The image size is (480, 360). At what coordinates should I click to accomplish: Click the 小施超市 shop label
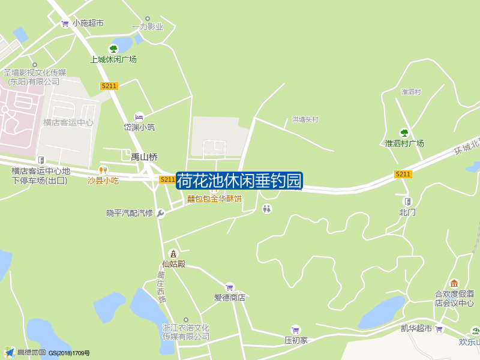pos(88,23)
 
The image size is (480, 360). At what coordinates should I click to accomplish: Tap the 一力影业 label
pos(147,26)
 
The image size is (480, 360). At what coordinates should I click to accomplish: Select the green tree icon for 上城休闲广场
pos(113,49)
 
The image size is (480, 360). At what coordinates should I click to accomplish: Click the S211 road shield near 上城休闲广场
pos(109,86)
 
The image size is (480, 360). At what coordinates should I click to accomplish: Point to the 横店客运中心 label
pos(68,122)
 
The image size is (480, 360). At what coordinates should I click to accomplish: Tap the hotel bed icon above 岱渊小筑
pos(139,116)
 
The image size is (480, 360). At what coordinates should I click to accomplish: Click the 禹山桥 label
pos(144,157)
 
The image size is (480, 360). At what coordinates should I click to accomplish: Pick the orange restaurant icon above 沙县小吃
pos(103,170)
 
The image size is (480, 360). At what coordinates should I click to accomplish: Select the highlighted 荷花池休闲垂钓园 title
pos(239,181)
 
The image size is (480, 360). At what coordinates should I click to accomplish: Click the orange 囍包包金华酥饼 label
pos(214,199)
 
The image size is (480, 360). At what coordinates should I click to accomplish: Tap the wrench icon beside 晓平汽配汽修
pos(160,213)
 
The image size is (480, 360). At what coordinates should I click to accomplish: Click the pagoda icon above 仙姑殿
pos(173,254)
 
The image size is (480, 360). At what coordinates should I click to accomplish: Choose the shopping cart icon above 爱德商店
pos(229,287)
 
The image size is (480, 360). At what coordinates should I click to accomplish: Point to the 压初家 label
pos(296,340)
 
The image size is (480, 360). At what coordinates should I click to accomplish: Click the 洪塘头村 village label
pos(305,120)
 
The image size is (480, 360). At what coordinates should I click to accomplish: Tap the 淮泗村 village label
pos(411,92)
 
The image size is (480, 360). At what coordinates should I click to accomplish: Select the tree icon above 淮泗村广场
pos(404,133)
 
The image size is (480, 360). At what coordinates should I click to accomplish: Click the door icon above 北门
pos(407,202)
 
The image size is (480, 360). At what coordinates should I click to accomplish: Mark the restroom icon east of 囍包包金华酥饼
pos(267,209)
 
